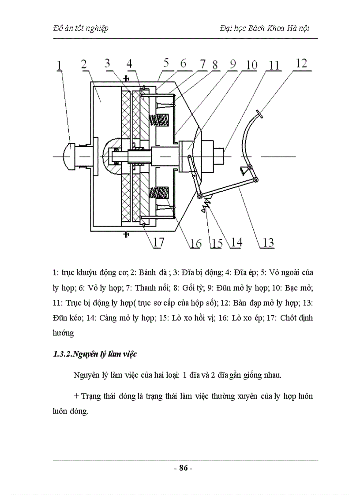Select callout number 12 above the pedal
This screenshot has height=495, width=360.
[301, 63]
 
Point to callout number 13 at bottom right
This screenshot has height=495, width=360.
[268, 242]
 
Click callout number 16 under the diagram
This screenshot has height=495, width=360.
[195, 242]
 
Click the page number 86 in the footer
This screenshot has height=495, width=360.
[184, 468]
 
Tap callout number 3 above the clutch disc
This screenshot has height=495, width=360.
[107, 63]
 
